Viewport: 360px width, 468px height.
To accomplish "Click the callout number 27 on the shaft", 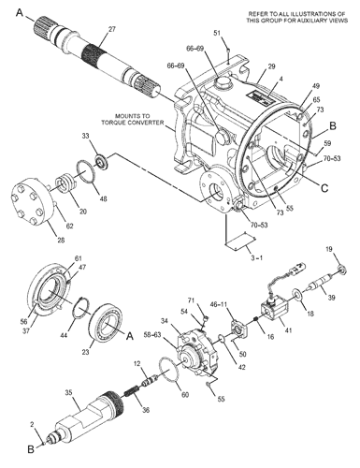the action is pyautogui.click(x=112, y=29).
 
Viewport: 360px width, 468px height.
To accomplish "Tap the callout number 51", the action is pyautogui.click(x=218, y=33).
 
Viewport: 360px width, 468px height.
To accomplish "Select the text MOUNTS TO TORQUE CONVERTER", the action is pyautogui.click(x=133, y=119).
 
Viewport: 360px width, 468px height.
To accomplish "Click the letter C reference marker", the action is pyautogui.click(x=324, y=188).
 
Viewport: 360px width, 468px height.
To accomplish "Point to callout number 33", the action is pyautogui.click(x=86, y=136).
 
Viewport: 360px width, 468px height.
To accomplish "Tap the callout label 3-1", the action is pyautogui.click(x=257, y=257).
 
